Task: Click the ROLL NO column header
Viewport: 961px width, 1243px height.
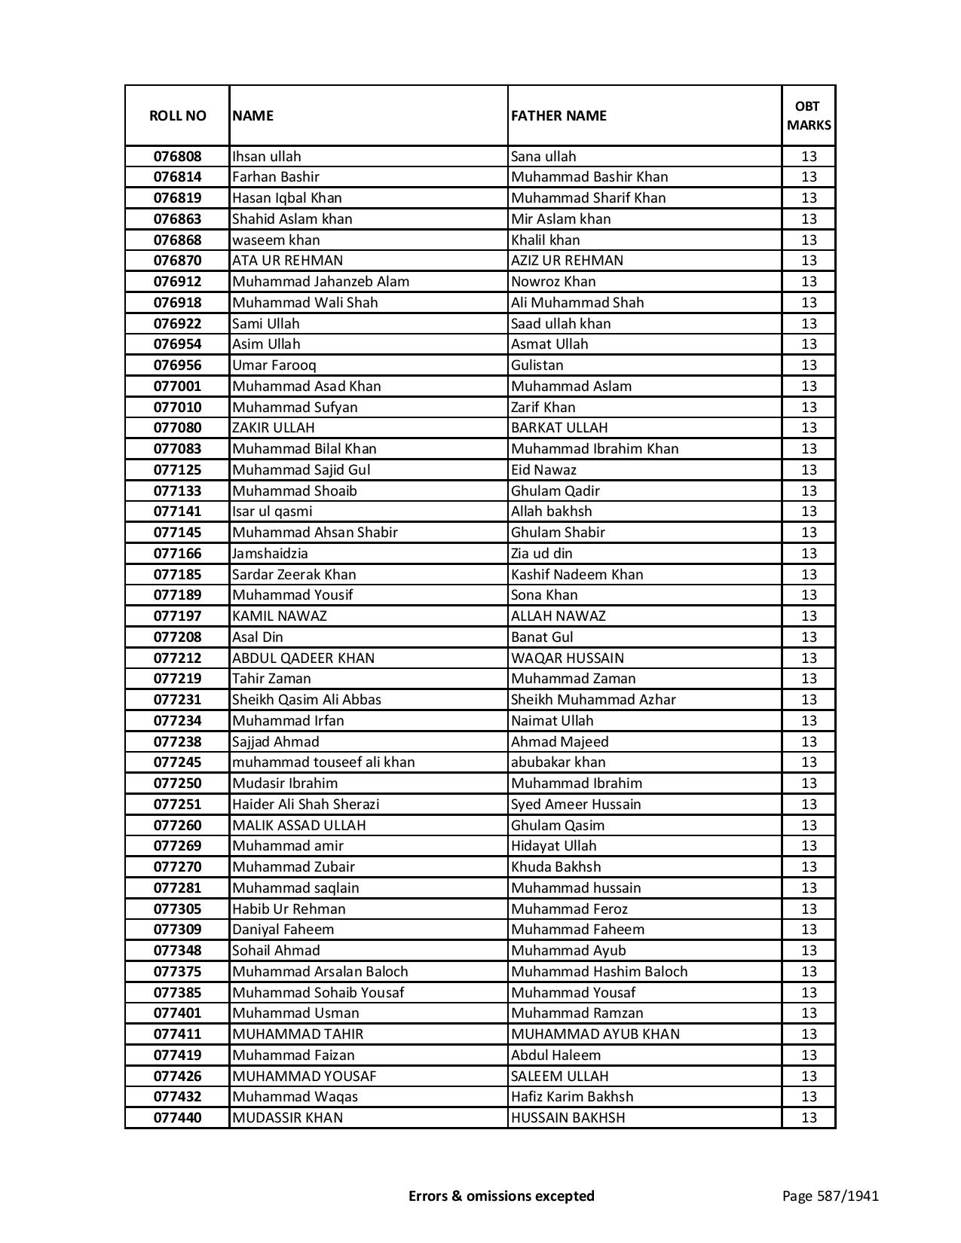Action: click(177, 116)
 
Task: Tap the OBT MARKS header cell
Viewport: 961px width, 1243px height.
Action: click(809, 116)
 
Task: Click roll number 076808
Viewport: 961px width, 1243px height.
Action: click(177, 157)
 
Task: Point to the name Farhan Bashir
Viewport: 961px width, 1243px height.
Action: click(276, 177)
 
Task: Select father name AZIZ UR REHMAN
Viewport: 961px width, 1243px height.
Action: click(567, 261)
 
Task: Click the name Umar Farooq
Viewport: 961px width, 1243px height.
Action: click(274, 365)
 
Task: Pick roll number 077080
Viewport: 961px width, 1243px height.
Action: click(177, 428)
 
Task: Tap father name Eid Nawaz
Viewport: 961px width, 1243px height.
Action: click(543, 470)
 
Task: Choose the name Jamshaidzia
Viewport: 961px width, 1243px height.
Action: click(270, 554)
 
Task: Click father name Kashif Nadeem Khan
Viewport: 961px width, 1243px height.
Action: click(577, 575)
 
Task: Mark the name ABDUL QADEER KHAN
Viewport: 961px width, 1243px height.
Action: click(303, 658)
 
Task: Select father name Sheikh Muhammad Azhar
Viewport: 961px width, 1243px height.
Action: click(593, 700)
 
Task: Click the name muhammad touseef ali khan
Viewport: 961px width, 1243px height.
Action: click(323, 762)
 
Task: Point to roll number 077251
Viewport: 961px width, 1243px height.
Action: click(177, 805)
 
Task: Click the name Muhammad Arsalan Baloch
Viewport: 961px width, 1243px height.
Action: click(320, 972)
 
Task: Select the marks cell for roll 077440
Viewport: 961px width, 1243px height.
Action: click(809, 1118)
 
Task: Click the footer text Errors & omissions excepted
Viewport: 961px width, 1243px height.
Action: click(501, 1196)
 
